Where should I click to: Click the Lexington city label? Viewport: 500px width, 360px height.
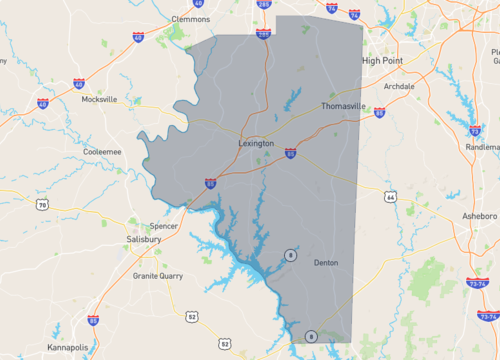point(256,144)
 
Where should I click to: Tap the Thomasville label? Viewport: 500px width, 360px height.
point(343,106)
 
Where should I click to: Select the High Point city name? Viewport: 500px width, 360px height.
point(383,60)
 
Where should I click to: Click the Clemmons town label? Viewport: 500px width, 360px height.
point(191,18)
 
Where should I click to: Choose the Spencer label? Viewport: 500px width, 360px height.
point(164,226)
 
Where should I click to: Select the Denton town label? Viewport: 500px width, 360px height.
point(325,262)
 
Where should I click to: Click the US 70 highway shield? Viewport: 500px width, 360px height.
point(42,206)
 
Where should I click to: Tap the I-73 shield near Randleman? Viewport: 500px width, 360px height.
point(475,129)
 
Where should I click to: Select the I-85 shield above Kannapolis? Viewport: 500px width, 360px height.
point(93,320)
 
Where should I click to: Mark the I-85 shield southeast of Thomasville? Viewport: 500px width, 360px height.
point(379,112)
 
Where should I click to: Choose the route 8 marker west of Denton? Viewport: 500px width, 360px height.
point(290,256)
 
